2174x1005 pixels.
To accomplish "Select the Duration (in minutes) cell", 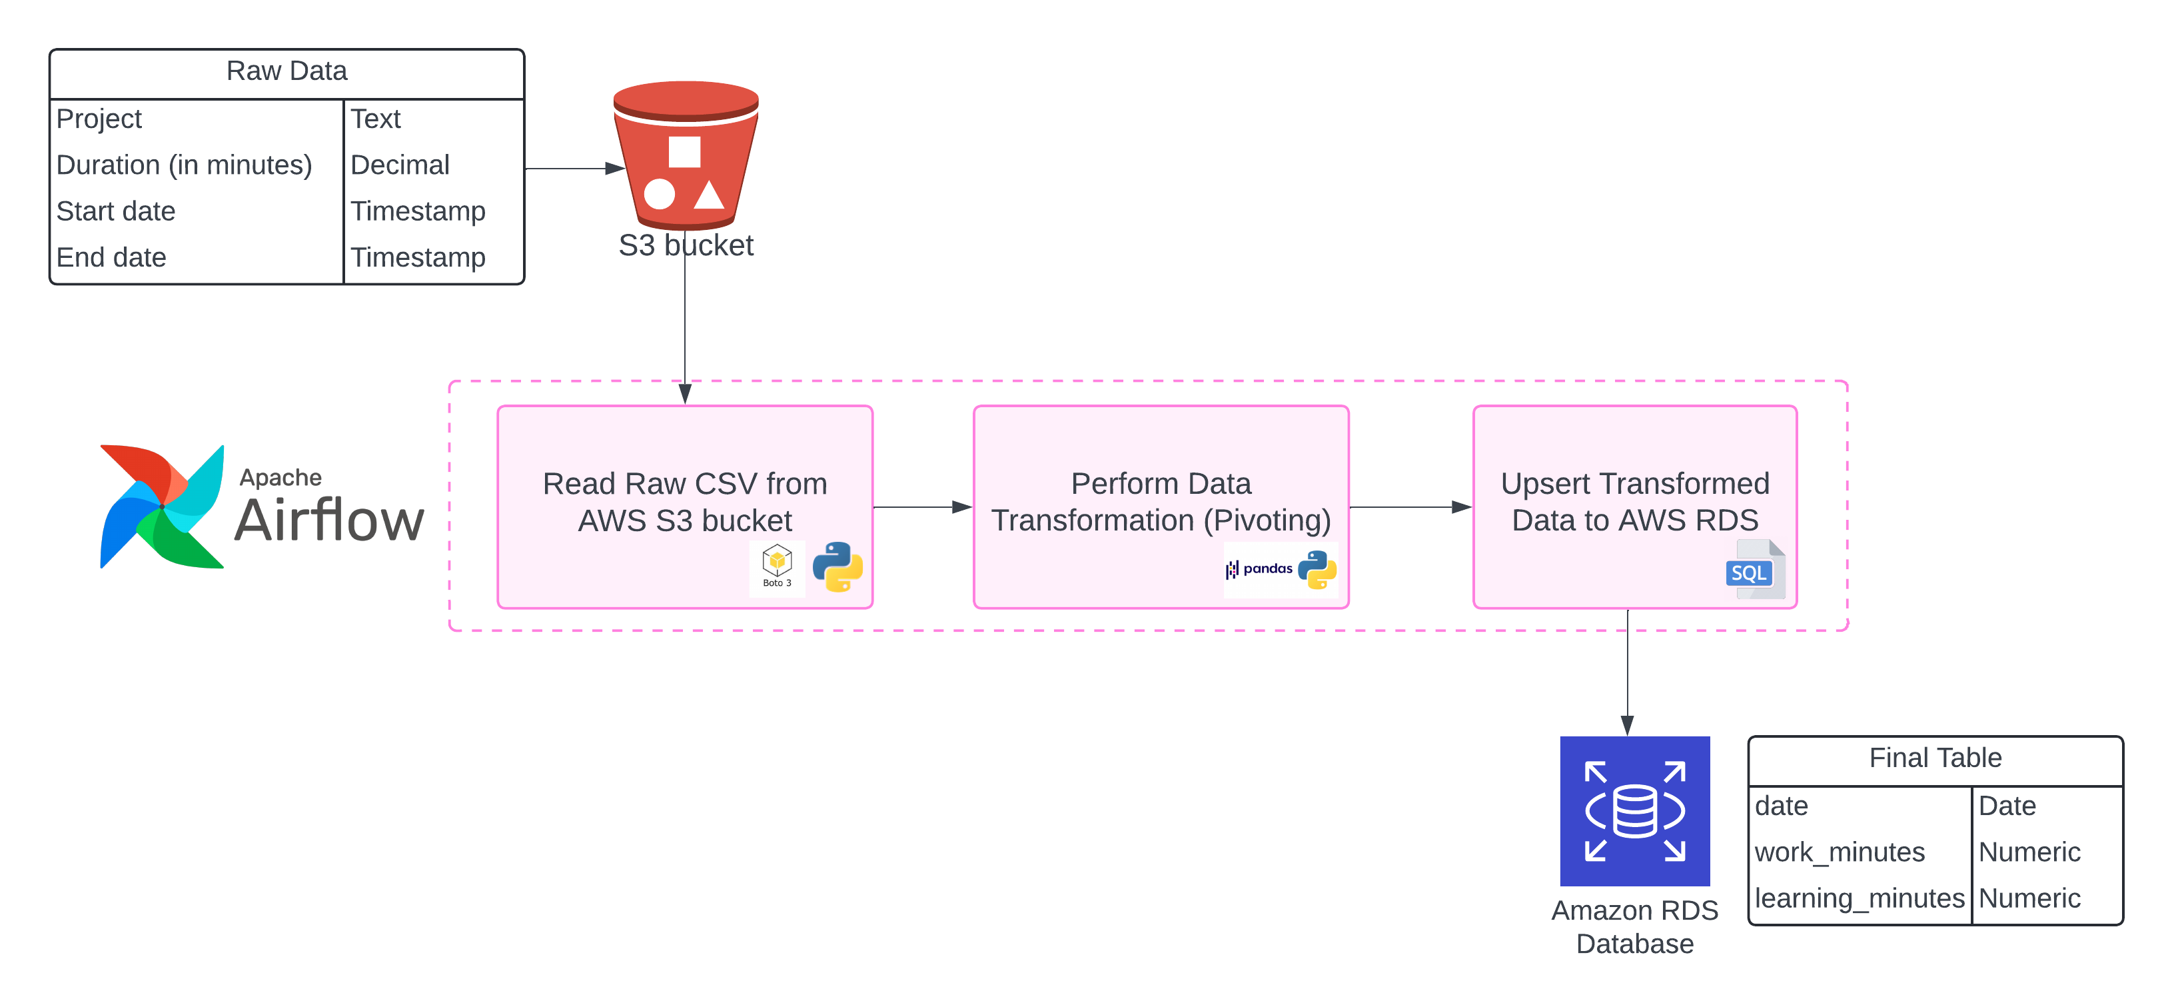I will coord(184,165).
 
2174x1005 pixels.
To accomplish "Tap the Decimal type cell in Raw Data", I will coord(400,165).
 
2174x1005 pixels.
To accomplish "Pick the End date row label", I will coord(111,257).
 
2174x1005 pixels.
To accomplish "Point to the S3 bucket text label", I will coord(686,245).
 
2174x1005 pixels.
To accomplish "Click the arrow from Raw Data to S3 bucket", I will coord(574,169).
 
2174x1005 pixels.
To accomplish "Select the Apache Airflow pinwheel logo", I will coord(161,506).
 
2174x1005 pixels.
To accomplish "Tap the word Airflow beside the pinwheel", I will coord(329,520).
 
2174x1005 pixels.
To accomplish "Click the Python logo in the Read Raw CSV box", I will coord(837,566).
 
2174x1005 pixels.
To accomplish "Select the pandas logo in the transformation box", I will coord(1260,570).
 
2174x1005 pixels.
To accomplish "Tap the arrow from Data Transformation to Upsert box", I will coord(1409,507).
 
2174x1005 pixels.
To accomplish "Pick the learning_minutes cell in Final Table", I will coord(1860,898).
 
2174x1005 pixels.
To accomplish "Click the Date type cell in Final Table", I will coord(2007,806).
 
